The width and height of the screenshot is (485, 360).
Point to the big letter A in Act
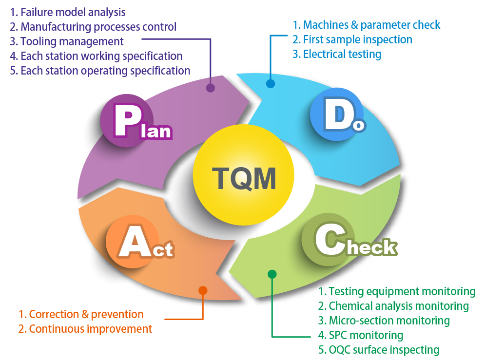click(x=131, y=242)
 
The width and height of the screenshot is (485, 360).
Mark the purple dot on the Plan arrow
click(x=210, y=88)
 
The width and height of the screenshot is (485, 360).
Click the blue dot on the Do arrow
click(x=271, y=83)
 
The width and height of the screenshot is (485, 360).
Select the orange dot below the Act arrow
click(x=203, y=290)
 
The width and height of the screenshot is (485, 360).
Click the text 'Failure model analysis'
click(x=73, y=12)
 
